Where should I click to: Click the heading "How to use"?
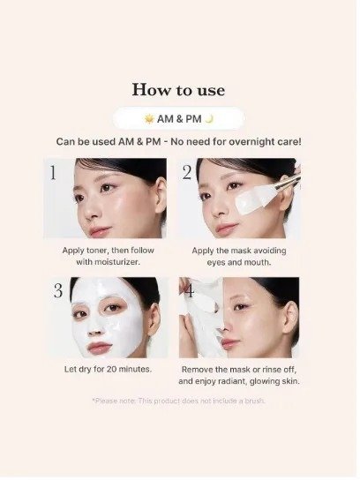point(178,90)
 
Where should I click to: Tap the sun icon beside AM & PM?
point(149,118)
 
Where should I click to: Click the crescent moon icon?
point(209,118)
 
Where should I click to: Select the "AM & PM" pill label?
point(179,118)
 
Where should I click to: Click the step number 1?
point(53,173)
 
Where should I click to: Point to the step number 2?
point(187,172)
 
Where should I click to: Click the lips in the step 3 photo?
point(99,347)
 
